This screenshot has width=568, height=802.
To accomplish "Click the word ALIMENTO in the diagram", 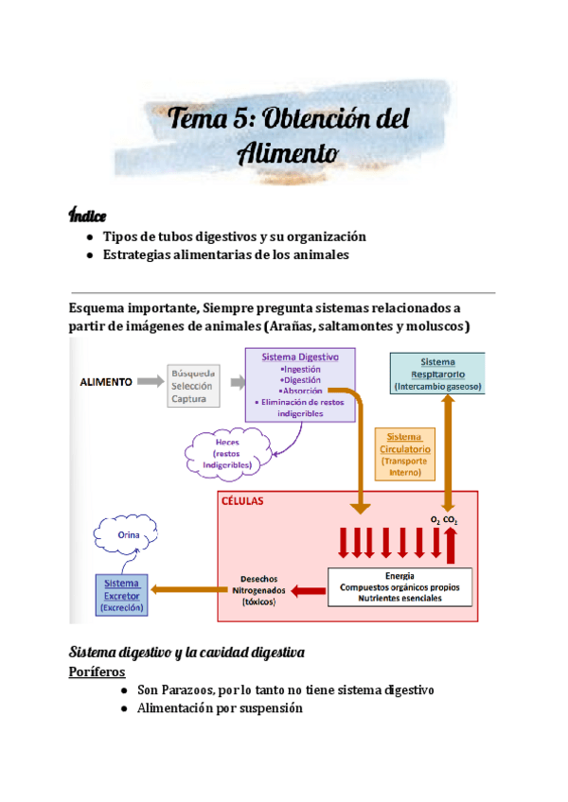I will pyautogui.click(x=105, y=381).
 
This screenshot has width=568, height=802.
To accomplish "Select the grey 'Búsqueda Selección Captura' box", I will pyautogui.click(x=193, y=386).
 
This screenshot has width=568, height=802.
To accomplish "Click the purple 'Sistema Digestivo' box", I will pyautogui.click(x=300, y=383).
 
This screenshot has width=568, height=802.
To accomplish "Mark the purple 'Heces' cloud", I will pyautogui.click(x=227, y=453).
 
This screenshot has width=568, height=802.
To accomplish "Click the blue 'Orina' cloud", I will pyautogui.click(x=128, y=536).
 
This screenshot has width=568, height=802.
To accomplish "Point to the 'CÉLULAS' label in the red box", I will pyautogui.click(x=244, y=501).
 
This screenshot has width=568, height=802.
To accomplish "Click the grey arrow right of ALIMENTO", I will pyautogui.click(x=150, y=381).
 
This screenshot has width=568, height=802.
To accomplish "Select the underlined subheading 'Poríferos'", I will pyautogui.click(x=99, y=671).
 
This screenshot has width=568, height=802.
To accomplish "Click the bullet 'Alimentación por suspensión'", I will pyautogui.click(x=219, y=707).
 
